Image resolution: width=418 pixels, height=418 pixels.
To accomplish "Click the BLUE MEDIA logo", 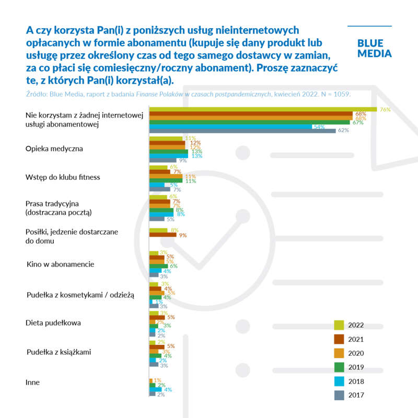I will point(374,48).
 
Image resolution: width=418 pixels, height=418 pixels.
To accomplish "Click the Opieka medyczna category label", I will point(54,149).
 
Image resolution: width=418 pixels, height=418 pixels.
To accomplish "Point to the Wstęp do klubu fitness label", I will point(63,177).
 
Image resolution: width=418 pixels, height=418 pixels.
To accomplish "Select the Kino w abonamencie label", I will point(60,264).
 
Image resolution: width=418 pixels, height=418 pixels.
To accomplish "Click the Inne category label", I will point(32,382).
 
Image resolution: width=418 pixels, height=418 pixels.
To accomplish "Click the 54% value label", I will point(319,126).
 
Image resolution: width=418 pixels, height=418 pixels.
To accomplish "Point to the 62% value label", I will point(343,131).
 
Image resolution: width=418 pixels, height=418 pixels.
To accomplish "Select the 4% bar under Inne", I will point(155,390).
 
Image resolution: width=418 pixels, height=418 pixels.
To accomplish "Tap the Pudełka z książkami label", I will point(59,352).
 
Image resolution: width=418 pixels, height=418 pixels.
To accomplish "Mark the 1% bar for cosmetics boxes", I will point(150,301).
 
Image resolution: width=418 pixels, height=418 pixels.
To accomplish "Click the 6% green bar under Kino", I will point(158,266).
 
